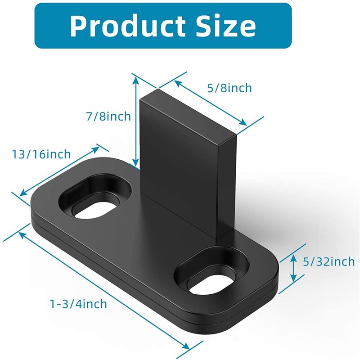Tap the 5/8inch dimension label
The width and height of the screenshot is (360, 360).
point(229,88)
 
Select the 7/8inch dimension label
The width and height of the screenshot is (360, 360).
point(108,117)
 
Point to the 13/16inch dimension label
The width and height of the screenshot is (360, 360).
point(41,154)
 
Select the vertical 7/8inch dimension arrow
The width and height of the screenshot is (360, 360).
point(135,121)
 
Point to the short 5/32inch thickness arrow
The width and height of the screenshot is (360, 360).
point(293,267)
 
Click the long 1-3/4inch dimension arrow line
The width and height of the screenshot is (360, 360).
point(103,288)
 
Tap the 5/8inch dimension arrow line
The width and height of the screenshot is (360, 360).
point(211,103)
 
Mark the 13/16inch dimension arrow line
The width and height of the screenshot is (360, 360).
point(58,171)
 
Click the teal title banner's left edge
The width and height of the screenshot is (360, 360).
point(36,26)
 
